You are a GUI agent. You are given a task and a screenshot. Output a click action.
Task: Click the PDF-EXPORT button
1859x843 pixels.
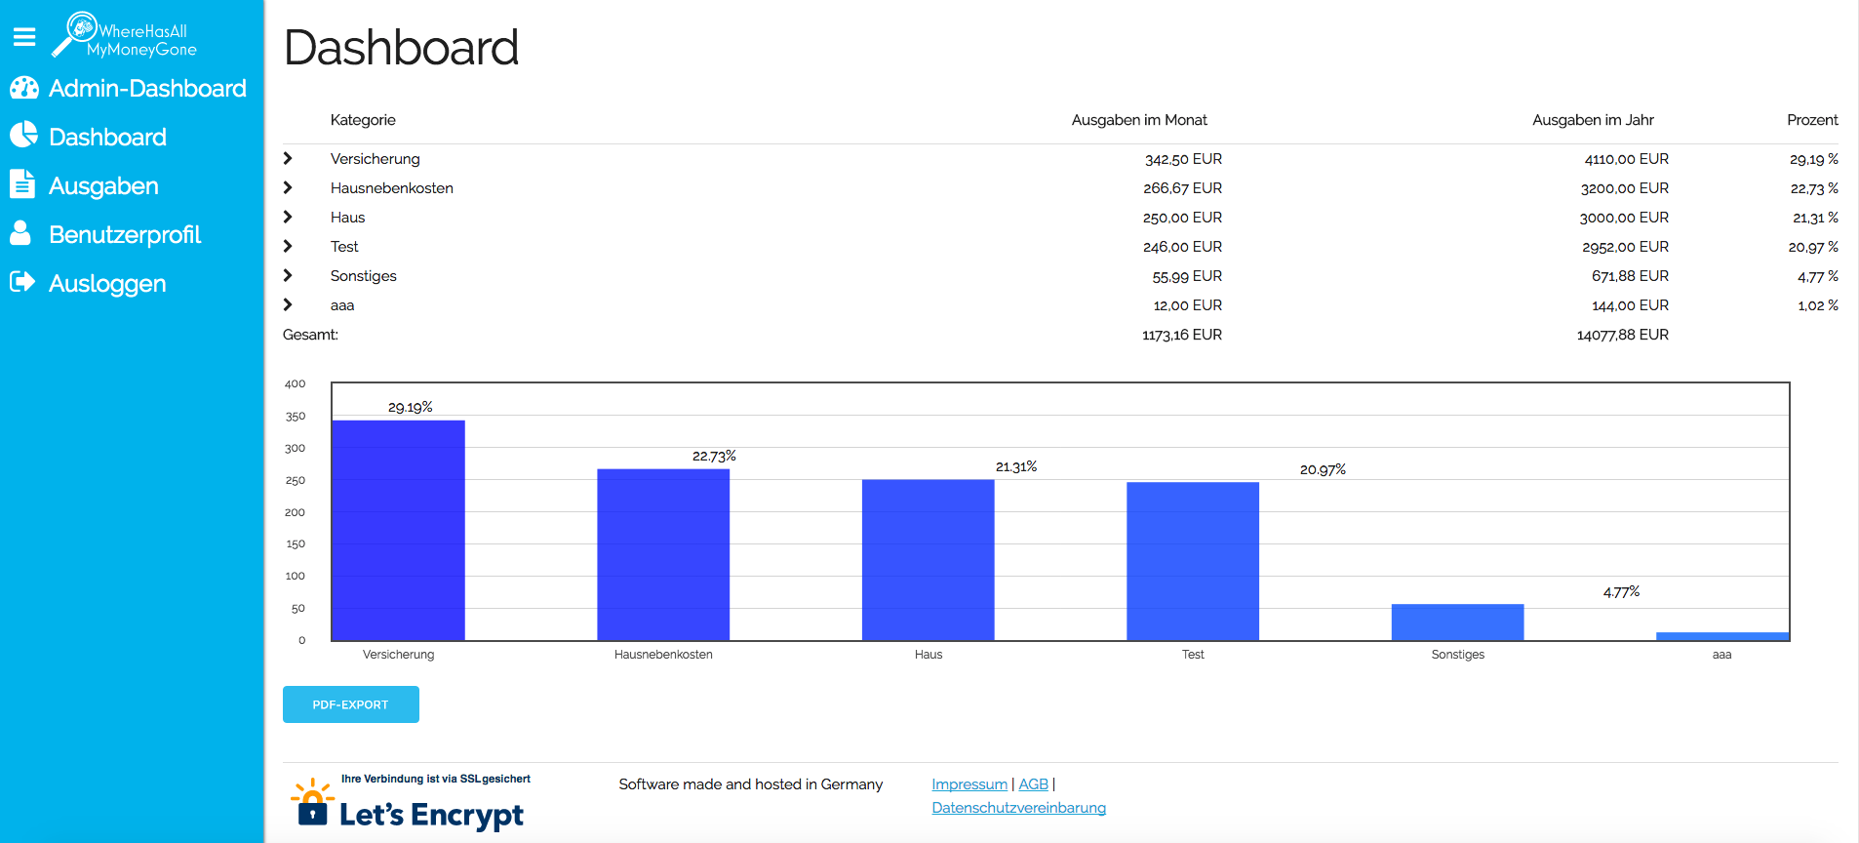coord(350,704)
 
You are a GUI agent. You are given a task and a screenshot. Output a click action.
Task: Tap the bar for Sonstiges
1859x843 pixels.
coord(1457,622)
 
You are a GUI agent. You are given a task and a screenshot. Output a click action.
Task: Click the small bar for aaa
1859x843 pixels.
coord(1721,636)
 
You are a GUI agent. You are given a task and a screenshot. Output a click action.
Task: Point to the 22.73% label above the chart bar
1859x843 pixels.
coord(714,457)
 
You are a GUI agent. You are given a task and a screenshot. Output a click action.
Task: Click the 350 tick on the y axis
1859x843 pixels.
coord(296,417)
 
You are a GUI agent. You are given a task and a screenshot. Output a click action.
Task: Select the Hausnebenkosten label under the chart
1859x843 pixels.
coord(663,655)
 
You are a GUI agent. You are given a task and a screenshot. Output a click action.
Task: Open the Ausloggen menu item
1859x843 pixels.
coord(107,284)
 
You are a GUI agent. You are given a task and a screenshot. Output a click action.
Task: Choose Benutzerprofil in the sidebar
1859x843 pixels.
coord(125,235)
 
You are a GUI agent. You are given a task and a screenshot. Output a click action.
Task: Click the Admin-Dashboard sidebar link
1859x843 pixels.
coord(147,89)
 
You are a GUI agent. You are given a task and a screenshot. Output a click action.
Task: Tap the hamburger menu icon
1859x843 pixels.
coord(24,37)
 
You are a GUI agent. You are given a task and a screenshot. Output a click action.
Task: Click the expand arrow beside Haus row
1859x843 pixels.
coord(288,218)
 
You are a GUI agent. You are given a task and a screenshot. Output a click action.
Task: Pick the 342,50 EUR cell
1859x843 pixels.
coord(1183,159)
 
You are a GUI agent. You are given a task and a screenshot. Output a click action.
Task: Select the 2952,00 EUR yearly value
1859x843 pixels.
coord(1625,247)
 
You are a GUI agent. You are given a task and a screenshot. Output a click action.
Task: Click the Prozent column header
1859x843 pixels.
coord(1811,120)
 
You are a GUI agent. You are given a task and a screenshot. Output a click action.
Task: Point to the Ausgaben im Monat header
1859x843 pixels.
coord(1138,120)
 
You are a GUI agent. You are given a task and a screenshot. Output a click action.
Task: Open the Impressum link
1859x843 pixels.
coord(969,784)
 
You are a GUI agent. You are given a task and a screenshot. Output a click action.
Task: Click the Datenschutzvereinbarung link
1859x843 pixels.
coord(1018,808)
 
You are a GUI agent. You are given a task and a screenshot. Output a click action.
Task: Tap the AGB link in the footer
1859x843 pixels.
coord(1033,784)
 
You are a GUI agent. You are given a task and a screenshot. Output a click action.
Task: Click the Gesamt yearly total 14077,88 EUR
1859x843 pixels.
coord(1622,335)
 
